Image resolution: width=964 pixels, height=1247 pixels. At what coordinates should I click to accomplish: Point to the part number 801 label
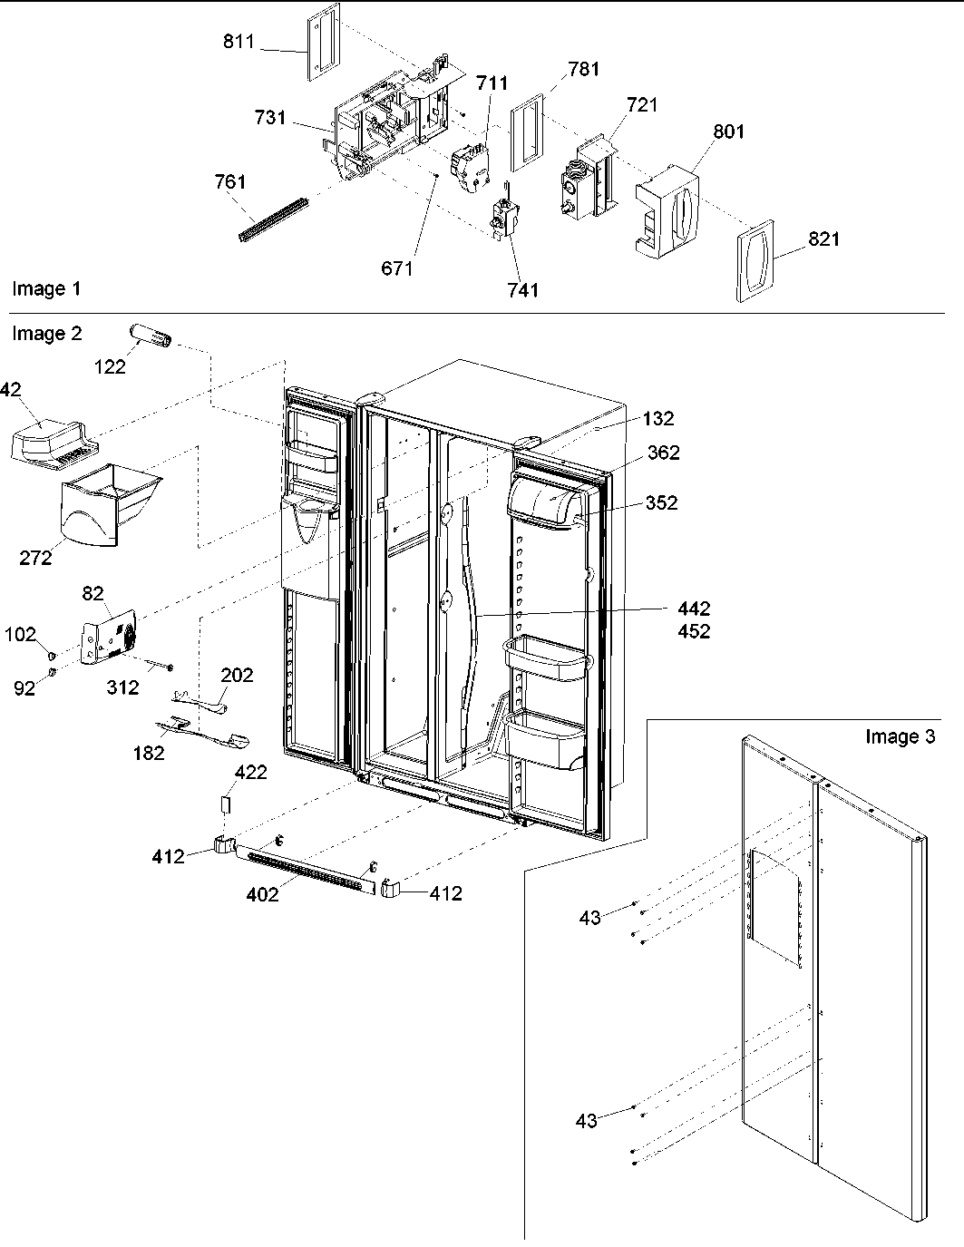pyautogui.click(x=728, y=132)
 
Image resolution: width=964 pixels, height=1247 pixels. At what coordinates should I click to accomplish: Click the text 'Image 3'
pyautogui.click(x=900, y=736)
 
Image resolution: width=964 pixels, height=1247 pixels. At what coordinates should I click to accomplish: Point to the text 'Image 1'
pyautogui.click(x=46, y=289)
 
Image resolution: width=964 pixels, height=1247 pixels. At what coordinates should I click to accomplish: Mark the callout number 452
pyautogui.click(x=692, y=631)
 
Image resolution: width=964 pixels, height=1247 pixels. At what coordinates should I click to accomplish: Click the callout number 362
pyautogui.click(x=664, y=453)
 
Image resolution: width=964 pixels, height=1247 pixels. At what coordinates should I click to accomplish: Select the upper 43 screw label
pyautogui.click(x=589, y=919)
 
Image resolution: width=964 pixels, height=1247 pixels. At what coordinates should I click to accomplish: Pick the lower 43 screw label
pyautogui.click(x=586, y=1122)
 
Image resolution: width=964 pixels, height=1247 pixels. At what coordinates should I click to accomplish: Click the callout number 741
pyautogui.click(x=523, y=290)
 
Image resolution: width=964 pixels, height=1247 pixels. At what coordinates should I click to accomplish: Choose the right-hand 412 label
pyautogui.click(x=445, y=893)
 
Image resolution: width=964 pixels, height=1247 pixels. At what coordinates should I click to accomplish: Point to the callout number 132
pyautogui.click(x=658, y=418)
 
